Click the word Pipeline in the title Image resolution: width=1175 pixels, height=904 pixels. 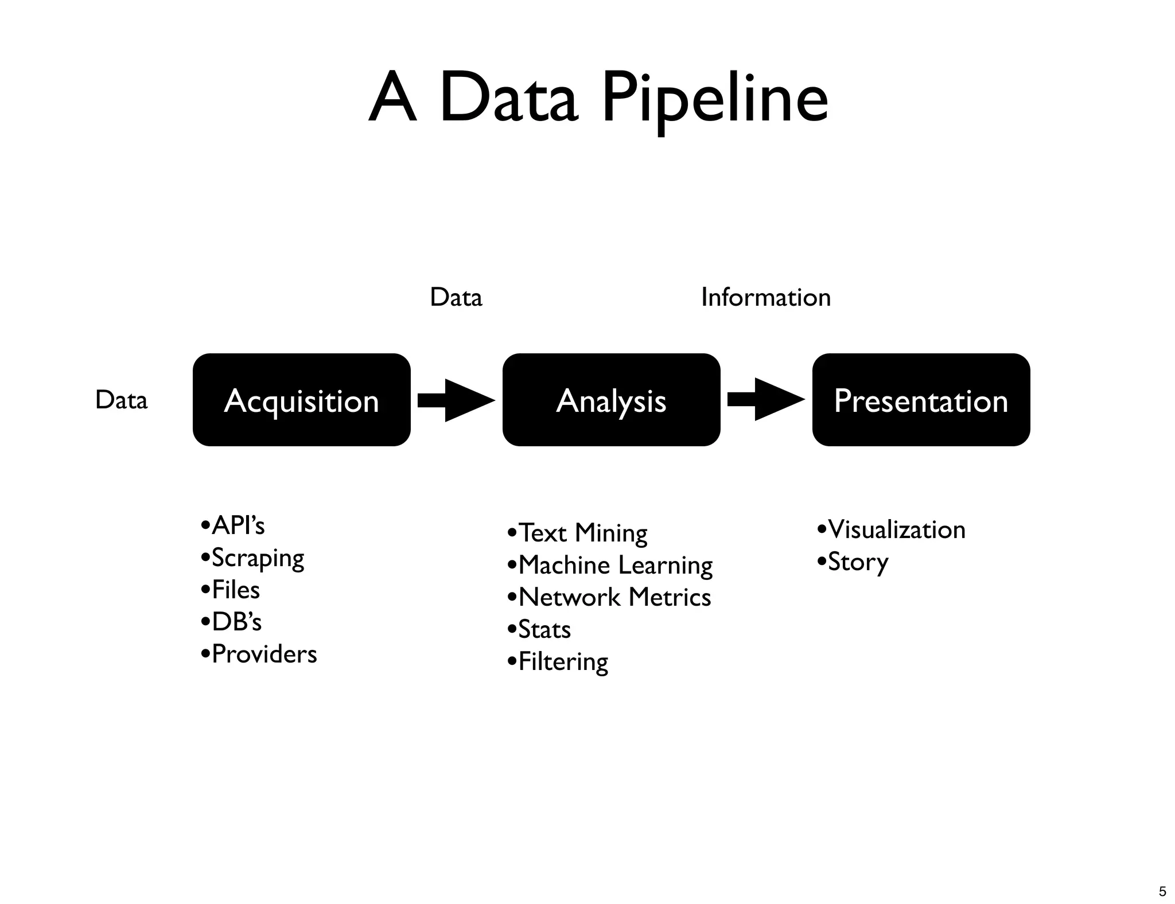pos(714,99)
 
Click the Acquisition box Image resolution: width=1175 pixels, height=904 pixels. pos(301,400)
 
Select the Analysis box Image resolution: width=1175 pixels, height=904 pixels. pos(611,400)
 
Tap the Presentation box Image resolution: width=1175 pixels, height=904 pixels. pos(921,400)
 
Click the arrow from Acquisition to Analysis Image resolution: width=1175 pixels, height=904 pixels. pos(456,400)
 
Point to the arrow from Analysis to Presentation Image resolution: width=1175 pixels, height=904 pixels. pos(766,399)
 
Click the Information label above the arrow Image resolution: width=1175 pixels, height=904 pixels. pos(766,297)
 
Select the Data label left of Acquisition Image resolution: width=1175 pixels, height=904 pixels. pos(121,400)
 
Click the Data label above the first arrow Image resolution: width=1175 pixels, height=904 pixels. pos(456,297)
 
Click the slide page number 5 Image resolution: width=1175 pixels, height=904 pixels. pos(1162,891)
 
